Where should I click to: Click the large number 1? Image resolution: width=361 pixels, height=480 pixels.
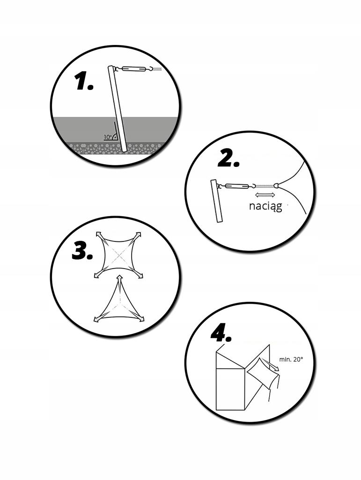(x=84, y=82)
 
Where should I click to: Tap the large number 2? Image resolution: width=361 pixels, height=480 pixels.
(x=228, y=159)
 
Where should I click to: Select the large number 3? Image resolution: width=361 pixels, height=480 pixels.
(x=82, y=251)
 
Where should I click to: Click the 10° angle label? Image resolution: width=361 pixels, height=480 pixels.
(x=108, y=137)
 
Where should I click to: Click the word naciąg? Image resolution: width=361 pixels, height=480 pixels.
(x=265, y=206)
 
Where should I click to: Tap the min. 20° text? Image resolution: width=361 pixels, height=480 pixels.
(x=291, y=360)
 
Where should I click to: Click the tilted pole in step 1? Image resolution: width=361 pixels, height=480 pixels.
(x=118, y=109)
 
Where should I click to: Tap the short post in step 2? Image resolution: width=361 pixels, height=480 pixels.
(x=217, y=201)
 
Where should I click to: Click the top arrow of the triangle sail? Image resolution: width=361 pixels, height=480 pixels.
(x=120, y=280)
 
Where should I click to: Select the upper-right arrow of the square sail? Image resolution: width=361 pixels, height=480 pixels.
(x=137, y=236)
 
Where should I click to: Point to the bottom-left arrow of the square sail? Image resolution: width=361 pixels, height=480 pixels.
(x=98, y=274)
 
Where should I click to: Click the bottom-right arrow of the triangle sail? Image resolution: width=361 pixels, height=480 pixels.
(x=139, y=318)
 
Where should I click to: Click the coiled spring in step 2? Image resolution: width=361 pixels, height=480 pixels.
(x=265, y=186)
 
